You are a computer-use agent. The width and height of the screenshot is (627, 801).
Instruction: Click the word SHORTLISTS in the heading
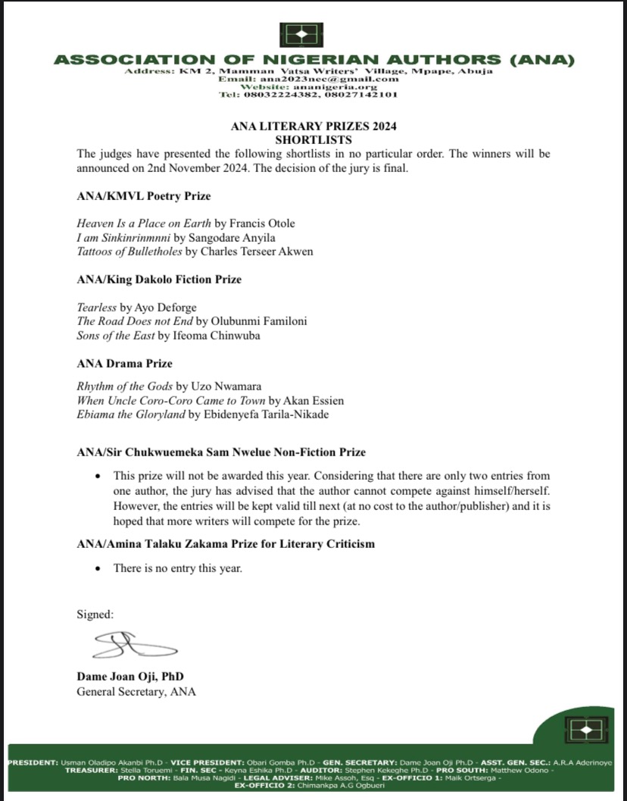313,140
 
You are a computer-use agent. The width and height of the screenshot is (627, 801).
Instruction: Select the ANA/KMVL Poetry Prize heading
144,196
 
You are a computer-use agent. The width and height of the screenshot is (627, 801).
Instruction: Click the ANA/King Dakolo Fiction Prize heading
159,280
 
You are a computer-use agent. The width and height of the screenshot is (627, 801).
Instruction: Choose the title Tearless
97,307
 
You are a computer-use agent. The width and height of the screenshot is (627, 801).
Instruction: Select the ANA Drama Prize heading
125,363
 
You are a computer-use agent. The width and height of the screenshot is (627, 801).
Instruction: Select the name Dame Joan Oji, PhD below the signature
130,676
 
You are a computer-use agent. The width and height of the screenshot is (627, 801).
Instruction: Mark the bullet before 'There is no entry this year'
98,568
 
